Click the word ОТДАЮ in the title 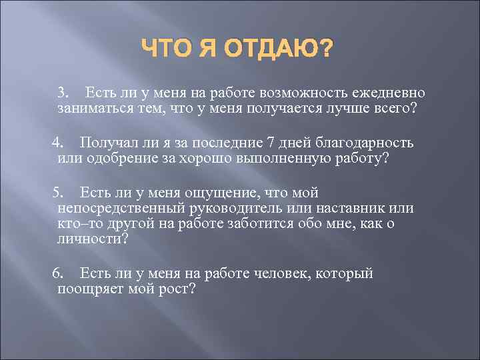pyautogui.click(x=279, y=49)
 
